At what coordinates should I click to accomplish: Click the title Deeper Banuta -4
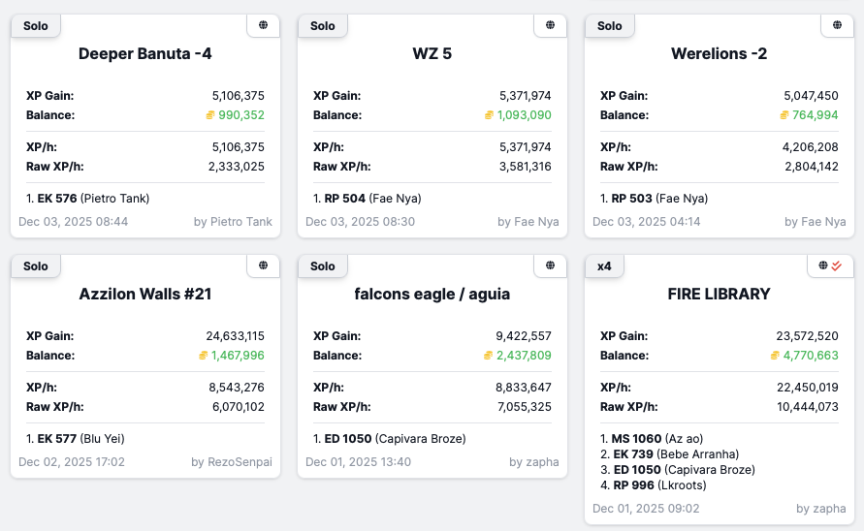coord(145,53)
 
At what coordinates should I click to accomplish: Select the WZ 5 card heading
coord(432,53)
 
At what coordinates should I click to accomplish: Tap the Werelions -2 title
coord(720,53)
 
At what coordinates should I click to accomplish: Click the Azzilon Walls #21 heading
coord(145,294)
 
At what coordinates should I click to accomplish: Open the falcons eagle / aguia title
coord(432,294)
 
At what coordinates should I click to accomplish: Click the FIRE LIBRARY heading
coord(720,294)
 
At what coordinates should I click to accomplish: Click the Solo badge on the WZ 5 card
coord(323,26)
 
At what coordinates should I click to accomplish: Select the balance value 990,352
coord(241,115)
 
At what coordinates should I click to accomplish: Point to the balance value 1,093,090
coord(525,115)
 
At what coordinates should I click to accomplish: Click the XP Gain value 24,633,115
coord(236,336)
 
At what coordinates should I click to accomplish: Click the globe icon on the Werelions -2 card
coord(838,25)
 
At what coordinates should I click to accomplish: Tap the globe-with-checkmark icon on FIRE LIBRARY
coord(829,265)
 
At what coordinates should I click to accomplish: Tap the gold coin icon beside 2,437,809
coord(490,356)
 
